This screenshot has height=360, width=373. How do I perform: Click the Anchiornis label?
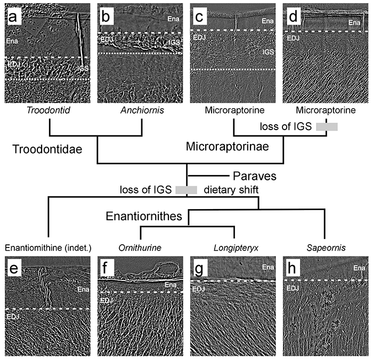point(141,112)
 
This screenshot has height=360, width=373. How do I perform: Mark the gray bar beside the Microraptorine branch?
point(327,127)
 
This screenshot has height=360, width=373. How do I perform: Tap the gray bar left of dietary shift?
point(186,189)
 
